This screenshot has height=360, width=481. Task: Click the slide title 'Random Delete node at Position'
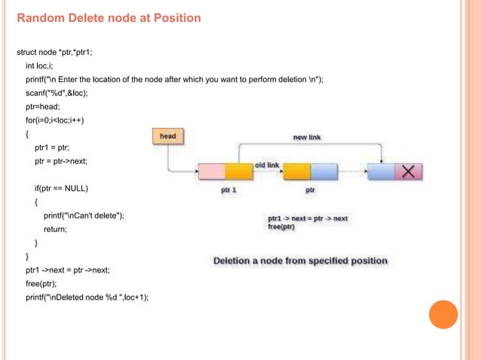click(x=109, y=18)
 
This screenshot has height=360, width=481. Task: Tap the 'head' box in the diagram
click(x=167, y=136)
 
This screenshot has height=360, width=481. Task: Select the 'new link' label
click(x=307, y=137)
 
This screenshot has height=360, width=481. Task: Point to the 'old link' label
click(x=267, y=164)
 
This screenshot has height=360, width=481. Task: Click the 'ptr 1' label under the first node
click(x=228, y=191)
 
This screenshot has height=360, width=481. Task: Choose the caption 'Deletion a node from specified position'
click(x=300, y=261)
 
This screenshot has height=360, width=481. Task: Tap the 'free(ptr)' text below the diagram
click(x=281, y=227)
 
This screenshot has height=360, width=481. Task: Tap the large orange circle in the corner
click(x=443, y=314)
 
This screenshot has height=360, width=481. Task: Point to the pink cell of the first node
click(x=210, y=172)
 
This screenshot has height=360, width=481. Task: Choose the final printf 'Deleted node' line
click(x=87, y=296)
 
